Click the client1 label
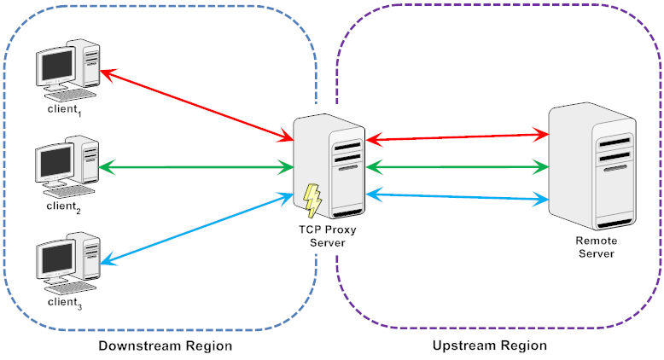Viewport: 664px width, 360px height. click(x=64, y=109)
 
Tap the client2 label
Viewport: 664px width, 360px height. click(x=63, y=206)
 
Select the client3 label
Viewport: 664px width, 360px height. click(x=65, y=303)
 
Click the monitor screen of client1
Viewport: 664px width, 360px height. click(x=57, y=66)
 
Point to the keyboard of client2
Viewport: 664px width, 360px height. click(x=69, y=192)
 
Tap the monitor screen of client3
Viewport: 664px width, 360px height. click(x=57, y=258)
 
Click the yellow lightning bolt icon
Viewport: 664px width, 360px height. click(x=312, y=200)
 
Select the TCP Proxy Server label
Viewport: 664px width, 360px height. click(x=328, y=236)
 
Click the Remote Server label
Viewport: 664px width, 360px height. click(x=597, y=247)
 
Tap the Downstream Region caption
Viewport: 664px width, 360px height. click(x=166, y=346)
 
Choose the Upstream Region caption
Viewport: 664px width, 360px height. click(x=490, y=345)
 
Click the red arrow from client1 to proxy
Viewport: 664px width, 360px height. click(x=197, y=105)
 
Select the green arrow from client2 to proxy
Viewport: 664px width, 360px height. click(x=196, y=167)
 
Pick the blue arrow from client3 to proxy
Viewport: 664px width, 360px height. click(x=197, y=229)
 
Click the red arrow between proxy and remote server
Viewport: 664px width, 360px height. click(x=457, y=137)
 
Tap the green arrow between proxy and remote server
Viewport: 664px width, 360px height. click(x=457, y=167)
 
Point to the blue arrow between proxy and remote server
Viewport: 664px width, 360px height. click(x=457, y=197)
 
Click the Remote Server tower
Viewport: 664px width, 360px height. click(x=592, y=165)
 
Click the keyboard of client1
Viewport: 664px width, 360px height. click(x=71, y=95)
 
